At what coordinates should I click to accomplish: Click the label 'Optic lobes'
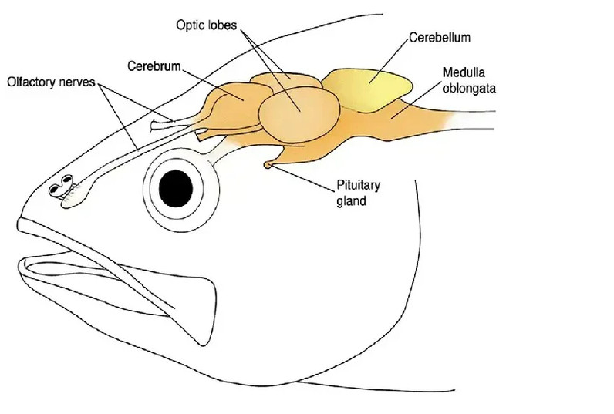point(208,26)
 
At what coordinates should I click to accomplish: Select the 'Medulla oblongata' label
point(468,80)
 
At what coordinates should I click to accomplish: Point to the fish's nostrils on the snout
point(62,186)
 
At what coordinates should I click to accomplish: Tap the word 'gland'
point(351,201)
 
